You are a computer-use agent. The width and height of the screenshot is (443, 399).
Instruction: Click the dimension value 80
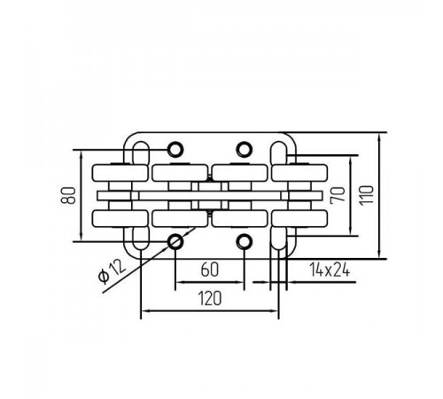[x=68, y=195]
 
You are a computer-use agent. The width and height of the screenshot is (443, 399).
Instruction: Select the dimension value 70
[x=338, y=195]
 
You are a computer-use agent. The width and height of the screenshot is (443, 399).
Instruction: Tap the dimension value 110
[x=366, y=195]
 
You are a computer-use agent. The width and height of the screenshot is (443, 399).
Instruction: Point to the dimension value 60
[x=210, y=270]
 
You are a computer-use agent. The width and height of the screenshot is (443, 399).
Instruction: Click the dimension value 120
[x=210, y=298]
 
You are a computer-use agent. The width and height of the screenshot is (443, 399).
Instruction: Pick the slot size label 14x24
[x=330, y=270]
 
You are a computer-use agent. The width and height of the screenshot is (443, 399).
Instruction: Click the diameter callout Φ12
[x=112, y=272]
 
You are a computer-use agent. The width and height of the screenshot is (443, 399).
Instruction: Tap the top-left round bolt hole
[x=175, y=150]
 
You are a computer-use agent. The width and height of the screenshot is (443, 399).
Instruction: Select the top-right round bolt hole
[x=244, y=150]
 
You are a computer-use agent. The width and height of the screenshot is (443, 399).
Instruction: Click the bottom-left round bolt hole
[x=175, y=242]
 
